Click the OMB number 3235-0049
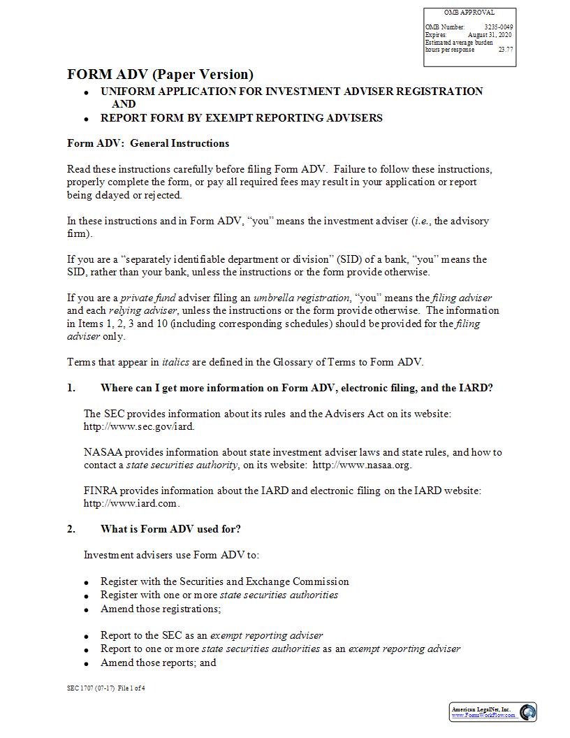[499, 27]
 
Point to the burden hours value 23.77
[506, 50]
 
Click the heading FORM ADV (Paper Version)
[160, 74]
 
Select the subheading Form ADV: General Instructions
[148, 143]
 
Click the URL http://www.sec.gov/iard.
[139, 426]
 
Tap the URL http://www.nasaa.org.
[362, 465]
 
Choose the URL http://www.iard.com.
[131, 503]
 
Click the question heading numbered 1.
[296, 388]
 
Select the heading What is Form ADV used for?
[170, 528]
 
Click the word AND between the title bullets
[124, 104]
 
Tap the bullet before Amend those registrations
[86, 610]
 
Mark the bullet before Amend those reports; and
[86, 664]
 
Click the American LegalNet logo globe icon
[528, 712]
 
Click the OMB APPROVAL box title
[469, 13]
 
